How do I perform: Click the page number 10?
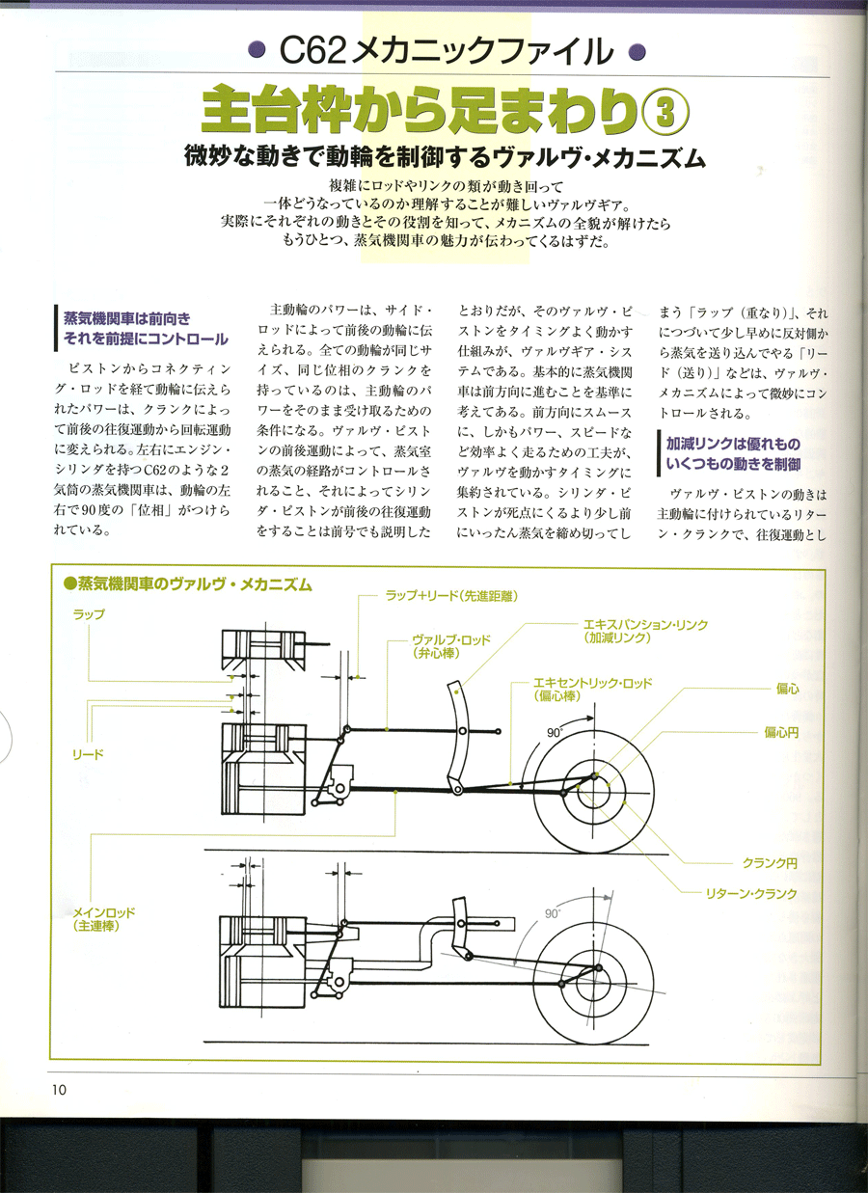(60, 1089)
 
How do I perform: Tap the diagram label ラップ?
(89, 613)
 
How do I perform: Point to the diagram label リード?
(88, 751)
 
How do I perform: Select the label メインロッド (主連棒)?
(104, 917)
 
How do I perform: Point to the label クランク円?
(770, 861)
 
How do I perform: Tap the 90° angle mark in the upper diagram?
(554, 733)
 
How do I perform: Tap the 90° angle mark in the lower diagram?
(553, 912)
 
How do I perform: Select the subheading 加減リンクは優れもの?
(733, 445)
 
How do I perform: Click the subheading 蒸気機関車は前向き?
(127, 319)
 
